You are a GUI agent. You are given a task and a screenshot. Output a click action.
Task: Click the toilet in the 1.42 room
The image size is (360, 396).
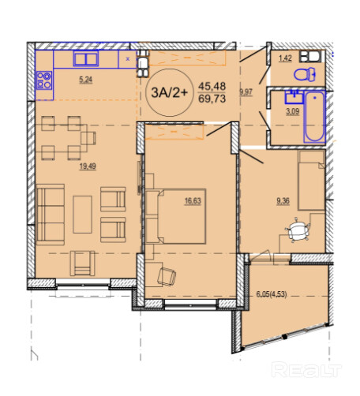305,74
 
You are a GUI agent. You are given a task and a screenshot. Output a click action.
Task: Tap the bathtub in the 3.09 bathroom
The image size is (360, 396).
314,117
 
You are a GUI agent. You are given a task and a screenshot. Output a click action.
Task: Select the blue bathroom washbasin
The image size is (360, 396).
294,96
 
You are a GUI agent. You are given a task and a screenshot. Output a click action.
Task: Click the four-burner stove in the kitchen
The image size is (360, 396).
44,80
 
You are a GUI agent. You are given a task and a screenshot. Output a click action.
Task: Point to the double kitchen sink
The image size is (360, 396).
86,58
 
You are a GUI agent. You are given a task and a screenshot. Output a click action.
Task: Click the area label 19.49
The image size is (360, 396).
88,166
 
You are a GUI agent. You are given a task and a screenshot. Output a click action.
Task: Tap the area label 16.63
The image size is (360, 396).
193,201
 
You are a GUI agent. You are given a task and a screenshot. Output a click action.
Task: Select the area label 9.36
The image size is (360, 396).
283,201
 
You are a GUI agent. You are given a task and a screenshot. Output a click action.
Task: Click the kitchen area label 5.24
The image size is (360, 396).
86,80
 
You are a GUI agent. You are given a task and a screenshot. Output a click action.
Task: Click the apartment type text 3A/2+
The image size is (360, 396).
170,92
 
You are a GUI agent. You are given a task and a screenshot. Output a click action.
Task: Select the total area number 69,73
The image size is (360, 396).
212,99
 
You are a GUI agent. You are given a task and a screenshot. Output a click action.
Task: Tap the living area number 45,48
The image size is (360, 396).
212,86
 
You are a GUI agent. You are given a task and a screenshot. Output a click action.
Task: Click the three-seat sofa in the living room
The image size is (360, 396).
51,215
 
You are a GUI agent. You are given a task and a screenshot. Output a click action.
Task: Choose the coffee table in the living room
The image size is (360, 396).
82,215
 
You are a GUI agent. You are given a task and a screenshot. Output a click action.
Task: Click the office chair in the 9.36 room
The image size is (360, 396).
297,230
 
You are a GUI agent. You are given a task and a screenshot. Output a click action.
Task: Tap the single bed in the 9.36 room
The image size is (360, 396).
311,180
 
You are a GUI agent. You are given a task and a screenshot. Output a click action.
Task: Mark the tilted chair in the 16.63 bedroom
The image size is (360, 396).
167,277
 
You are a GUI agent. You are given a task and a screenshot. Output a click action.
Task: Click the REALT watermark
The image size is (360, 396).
306,370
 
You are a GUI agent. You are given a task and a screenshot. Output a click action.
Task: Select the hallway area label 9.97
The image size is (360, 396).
246,92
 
